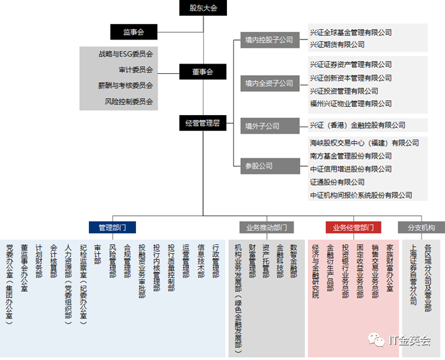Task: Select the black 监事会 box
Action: coord(133,32)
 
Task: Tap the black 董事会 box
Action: coord(203,72)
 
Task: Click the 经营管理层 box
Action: coord(203,123)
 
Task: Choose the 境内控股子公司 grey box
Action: coord(269,39)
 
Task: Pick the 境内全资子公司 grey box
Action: coord(269,83)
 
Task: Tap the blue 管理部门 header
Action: coord(112,227)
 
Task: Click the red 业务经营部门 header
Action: coord(353,227)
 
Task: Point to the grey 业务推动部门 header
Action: coord(266,227)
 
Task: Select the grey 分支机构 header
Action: coord(421,227)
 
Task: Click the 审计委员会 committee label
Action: coord(135,70)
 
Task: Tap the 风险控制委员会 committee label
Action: coord(129,101)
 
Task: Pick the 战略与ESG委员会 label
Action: coord(126,54)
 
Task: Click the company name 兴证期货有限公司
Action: coord(337,45)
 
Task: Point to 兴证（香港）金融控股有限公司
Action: coord(357,125)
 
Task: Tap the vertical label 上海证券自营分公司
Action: coord(413,274)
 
